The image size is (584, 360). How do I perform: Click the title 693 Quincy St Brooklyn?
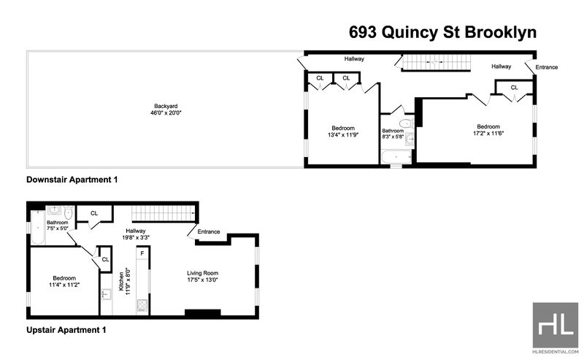(442, 32)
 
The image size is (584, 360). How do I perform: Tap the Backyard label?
(166, 106)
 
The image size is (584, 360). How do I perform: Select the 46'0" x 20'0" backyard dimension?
(166, 113)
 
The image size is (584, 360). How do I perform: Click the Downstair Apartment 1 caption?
(72, 180)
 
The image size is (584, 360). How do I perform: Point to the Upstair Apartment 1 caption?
(66, 330)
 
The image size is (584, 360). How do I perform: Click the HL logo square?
(556, 325)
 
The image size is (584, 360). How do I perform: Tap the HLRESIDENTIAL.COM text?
(556, 351)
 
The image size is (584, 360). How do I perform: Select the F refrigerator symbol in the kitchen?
(142, 254)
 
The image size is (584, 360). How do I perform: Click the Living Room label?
(203, 273)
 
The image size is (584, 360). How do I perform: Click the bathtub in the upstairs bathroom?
(38, 228)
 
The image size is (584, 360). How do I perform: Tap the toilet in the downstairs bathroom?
(405, 123)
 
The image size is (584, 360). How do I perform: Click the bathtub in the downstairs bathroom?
(396, 157)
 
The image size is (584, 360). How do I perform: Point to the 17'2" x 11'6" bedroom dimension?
(488, 133)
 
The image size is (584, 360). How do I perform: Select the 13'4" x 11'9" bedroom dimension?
(343, 135)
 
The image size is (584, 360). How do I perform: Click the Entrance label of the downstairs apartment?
(546, 67)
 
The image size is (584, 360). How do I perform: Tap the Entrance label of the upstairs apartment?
(209, 231)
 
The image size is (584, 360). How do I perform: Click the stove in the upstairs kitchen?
(142, 305)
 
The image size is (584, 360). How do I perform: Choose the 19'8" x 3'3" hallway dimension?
(136, 237)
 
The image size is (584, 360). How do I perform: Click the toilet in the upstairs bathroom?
(68, 213)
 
